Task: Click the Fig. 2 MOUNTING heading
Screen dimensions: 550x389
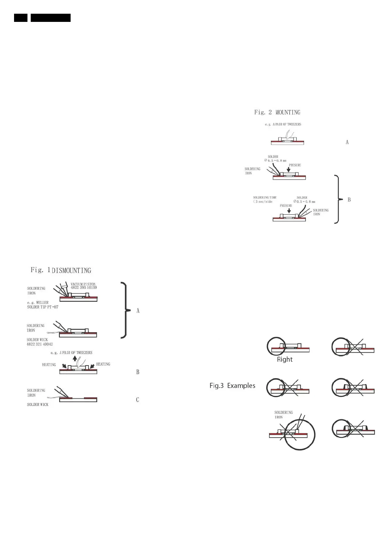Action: (x=277, y=112)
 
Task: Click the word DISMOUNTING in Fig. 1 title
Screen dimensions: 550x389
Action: (x=72, y=270)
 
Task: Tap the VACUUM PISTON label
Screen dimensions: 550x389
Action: (x=83, y=284)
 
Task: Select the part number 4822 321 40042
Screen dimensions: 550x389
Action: (x=40, y=344)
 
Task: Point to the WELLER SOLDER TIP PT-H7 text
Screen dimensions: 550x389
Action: (x=42, y=305)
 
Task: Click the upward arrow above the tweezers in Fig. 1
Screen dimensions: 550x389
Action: (x=75, y=358)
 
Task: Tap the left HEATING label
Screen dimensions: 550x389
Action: (x=49, y=364)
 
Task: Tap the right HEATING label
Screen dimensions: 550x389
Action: (x=103, y=364)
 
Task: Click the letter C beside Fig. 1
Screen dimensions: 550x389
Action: (x=138, y=400)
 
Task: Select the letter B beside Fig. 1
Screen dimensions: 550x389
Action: (x=138, y=372)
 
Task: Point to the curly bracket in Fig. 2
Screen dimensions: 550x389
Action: (x=338, y=199)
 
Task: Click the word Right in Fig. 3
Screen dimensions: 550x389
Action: (x=285, y=360)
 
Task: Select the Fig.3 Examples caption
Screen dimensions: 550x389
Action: (x=232, y=386)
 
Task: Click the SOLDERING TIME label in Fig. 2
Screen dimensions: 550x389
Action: (x=265, y=198)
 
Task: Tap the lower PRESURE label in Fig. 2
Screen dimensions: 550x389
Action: (x=286, y=206)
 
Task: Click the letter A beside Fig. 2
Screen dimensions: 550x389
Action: (x=347, y=142)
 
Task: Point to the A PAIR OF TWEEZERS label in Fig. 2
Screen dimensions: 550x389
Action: (x=283, y=124)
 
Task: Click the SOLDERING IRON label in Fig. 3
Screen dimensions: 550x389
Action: (x=283, y=415)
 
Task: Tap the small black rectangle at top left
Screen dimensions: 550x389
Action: (x=21, y=18)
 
